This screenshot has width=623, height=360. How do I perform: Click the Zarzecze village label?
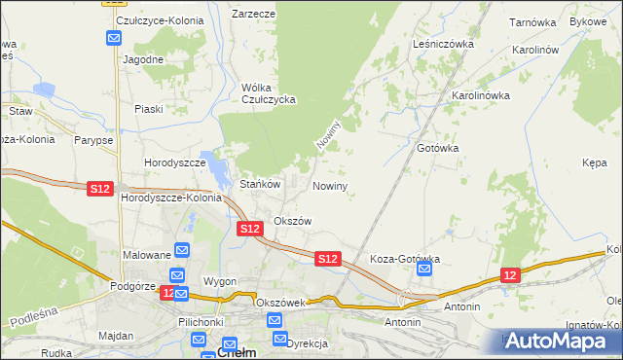point(253,15)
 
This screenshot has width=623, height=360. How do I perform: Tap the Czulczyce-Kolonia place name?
point(151,19)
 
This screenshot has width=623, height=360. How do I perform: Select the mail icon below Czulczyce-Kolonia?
point(114,39)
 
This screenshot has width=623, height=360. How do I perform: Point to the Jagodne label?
point(142,58)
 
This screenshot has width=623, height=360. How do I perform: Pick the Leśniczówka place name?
point(443,44)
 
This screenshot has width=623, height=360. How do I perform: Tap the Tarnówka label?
point(532,20)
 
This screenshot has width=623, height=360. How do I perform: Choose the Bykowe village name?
point(588,20)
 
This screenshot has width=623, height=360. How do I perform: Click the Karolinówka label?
point(481,95)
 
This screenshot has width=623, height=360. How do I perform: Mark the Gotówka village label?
point(437,148)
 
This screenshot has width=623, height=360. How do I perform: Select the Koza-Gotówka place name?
point(406,259)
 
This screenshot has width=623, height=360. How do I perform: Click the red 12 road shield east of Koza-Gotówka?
point(511,276)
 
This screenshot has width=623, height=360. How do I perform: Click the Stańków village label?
point(260,184)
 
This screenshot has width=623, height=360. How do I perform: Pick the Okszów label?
point(292,221)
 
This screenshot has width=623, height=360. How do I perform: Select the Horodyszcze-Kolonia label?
point(170,198)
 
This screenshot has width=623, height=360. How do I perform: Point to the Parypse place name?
point(92,140)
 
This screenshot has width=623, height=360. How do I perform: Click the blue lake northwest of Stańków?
point(210,160)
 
